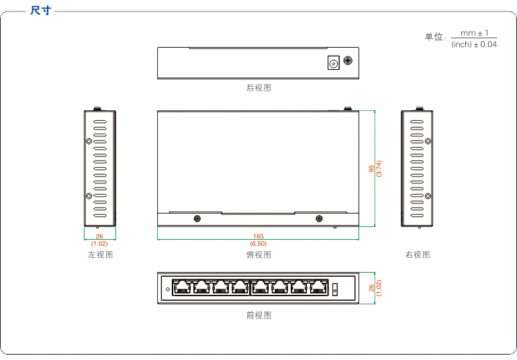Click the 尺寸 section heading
click(x=40, y=11)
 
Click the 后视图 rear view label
click(x=258, y=87)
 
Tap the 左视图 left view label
click(x=100, y=255)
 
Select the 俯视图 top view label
click(x=258, y=255)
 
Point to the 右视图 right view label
click(x=417, y=255)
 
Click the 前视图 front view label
click(x=258, y=314)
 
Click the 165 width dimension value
click(x=258, y=236)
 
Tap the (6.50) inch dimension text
click(x=258, y=243)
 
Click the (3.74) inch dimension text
click(x=379, y=169)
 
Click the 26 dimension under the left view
click(x=99, y=236)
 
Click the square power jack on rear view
click(x=332, y=64)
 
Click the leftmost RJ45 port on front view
click(x=181, y=287)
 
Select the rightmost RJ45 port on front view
click(x=318, y=287)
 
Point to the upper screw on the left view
click(x=89, y=141)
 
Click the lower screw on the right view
click(x=427, y=195)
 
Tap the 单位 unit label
click(x=434, y=37)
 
